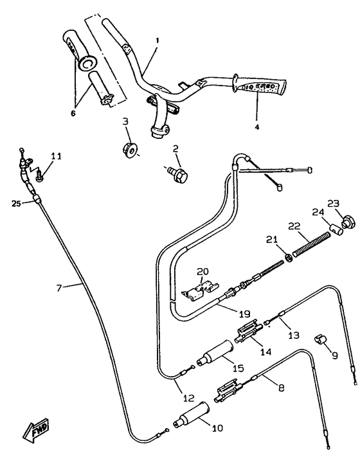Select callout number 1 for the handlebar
pos(157,40)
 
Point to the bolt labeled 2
pos(179,173)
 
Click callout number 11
pos(57,156)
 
